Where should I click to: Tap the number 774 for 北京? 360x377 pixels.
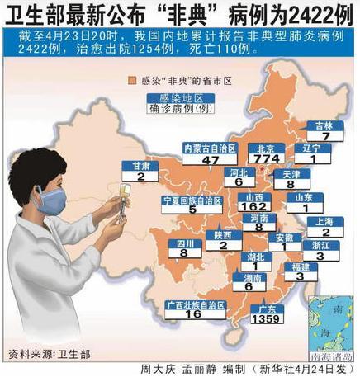click(x=268, y=158)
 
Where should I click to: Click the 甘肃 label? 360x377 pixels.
click(x=141, y=165)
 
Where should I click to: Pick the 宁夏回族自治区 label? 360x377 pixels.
click(x=191, y=200)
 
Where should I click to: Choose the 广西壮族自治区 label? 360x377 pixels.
click(x=194, y=304)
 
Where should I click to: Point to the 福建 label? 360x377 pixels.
click(x=301, y=266)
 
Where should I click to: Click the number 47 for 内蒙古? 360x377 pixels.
click(x=210, y=160)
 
